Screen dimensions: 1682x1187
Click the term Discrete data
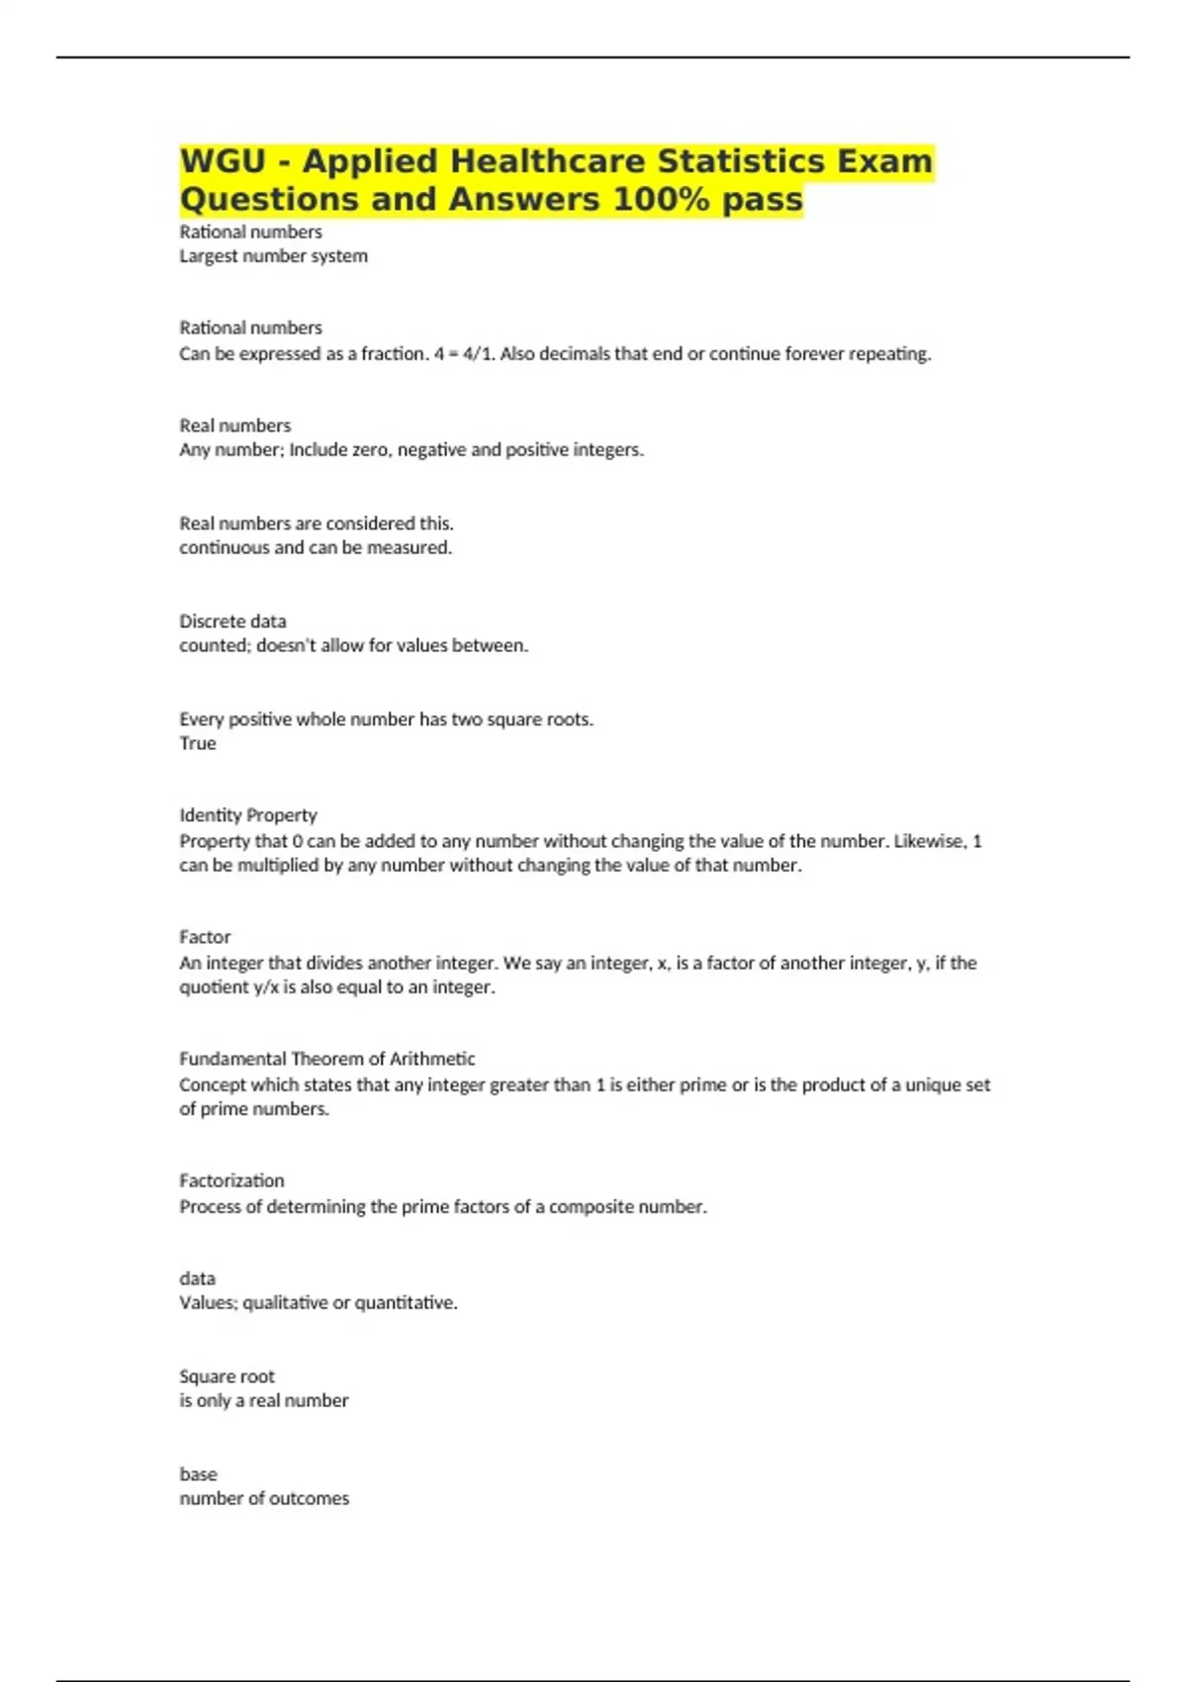coord(232,621)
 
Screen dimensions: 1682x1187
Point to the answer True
coord(198,743)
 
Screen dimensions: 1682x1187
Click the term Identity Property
coord(248,815)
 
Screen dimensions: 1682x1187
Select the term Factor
coord(205,937)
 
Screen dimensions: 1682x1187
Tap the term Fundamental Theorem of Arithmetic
coord(326,1059)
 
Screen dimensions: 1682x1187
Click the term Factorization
coord(231,1180)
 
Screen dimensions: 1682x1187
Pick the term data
coord(197,1278)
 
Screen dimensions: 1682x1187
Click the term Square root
coord(227,1376)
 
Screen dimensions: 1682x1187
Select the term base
coord(198,1474)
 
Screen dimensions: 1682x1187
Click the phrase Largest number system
coord(273,256)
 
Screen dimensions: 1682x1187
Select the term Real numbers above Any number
coord(234,425)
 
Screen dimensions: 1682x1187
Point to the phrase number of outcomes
coord(264,1499)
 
